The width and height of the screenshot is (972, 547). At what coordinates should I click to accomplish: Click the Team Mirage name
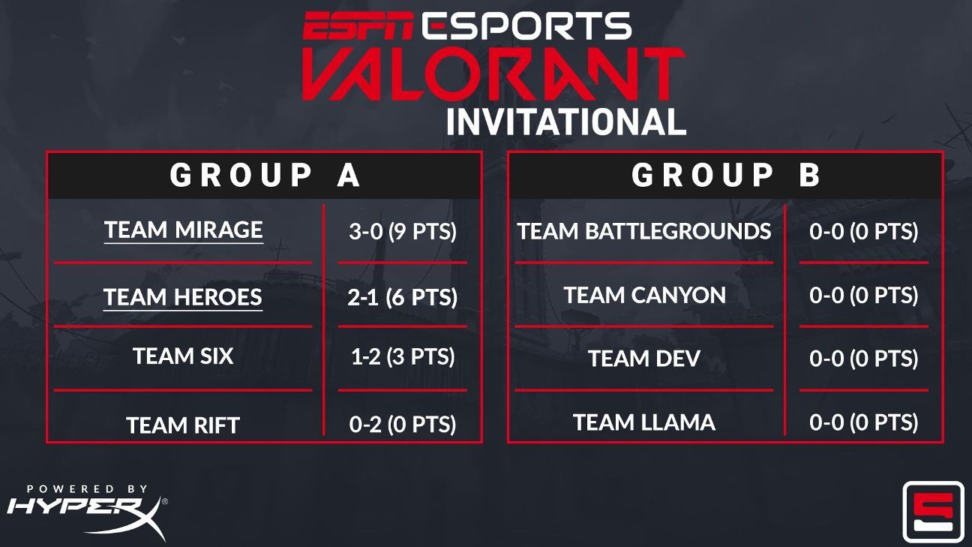coord(184,230)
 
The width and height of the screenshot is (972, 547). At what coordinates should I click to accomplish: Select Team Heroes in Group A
coord(183,297)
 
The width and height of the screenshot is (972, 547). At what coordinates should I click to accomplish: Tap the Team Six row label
coord(183,356)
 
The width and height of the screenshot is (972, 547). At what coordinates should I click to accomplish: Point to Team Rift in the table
coord(183,425)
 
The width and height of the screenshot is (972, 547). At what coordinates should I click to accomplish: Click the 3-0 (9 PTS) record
coord(403,231)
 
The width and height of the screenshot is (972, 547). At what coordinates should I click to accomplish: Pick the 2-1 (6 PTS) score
coord(402,297)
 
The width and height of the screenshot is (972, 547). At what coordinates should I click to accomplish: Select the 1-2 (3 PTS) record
coord(403,356)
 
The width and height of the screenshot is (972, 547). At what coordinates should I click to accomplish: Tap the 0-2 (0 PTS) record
coord(403,424)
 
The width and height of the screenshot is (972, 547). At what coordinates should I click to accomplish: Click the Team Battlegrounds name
coord(644,231)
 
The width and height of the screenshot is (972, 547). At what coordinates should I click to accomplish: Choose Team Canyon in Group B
coord(644,295)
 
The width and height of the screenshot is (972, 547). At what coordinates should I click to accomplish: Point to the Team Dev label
coord(644,359)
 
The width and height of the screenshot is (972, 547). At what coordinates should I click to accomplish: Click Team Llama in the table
coord(644,422)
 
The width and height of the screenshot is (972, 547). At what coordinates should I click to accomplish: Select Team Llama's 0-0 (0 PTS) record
coord(863,422)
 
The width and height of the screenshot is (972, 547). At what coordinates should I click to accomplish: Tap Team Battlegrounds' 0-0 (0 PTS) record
coord(863,231)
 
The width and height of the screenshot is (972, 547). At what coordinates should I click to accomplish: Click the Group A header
coord(265,176)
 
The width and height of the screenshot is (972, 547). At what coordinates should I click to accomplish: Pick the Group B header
coord(726,176)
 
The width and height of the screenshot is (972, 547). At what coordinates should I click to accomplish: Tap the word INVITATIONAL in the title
coord(566,122)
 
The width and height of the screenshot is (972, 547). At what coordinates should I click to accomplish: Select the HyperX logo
coord(87,512)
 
